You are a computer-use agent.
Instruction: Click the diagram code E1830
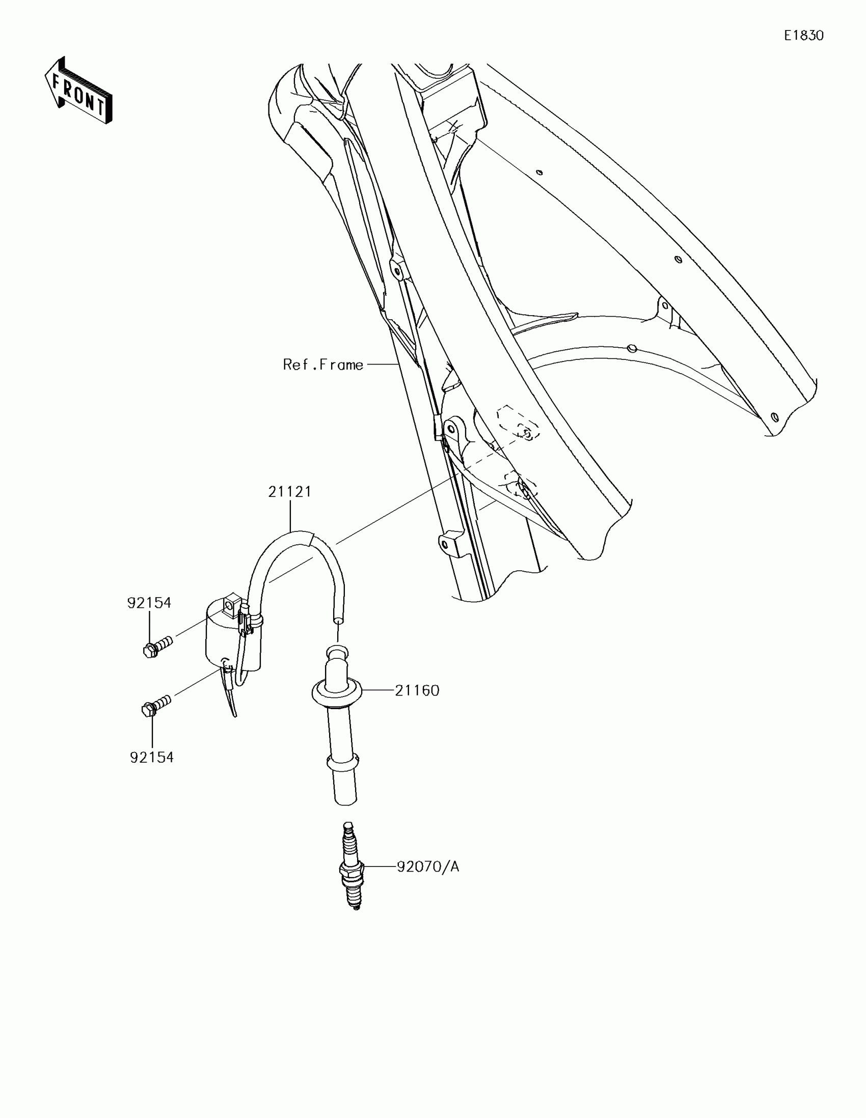[x=803, y=35]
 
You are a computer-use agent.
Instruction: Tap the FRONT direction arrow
[x=78, y=92]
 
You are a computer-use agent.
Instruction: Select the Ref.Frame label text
[x=322, y=365]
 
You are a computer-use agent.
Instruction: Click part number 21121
[x=290, y=492]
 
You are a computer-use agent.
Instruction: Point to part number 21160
[x=417, y=690]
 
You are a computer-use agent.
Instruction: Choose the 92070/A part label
[x=427, y=867]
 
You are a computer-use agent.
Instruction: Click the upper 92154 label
[x=149, y=603]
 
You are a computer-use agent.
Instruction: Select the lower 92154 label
[x=152, y=757]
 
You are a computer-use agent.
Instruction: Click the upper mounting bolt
[x=157, y=646]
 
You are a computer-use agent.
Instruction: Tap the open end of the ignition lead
[x=338, y=621]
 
